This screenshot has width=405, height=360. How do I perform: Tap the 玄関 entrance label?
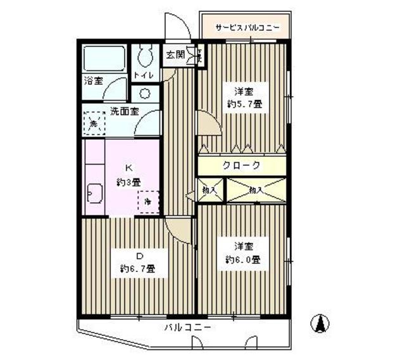pos(175,55)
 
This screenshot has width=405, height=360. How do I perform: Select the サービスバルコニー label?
pos(246,28)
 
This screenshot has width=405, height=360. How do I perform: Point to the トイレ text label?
pos(143,76)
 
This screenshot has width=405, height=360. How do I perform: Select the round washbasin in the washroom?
pos(145,94)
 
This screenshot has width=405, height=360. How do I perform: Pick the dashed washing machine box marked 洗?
pos(94,123)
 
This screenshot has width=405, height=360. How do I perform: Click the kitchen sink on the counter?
pos(94,192)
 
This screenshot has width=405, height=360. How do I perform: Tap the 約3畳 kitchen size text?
pos(128,182)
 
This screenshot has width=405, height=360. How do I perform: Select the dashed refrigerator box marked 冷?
pos(148,202)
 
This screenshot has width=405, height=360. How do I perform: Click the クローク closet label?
pos(241,165)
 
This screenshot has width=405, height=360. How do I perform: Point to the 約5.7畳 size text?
pos(244,104)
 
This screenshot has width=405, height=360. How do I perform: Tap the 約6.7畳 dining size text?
pos(137,269)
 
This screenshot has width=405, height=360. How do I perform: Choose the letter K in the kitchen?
pos(128,168)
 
